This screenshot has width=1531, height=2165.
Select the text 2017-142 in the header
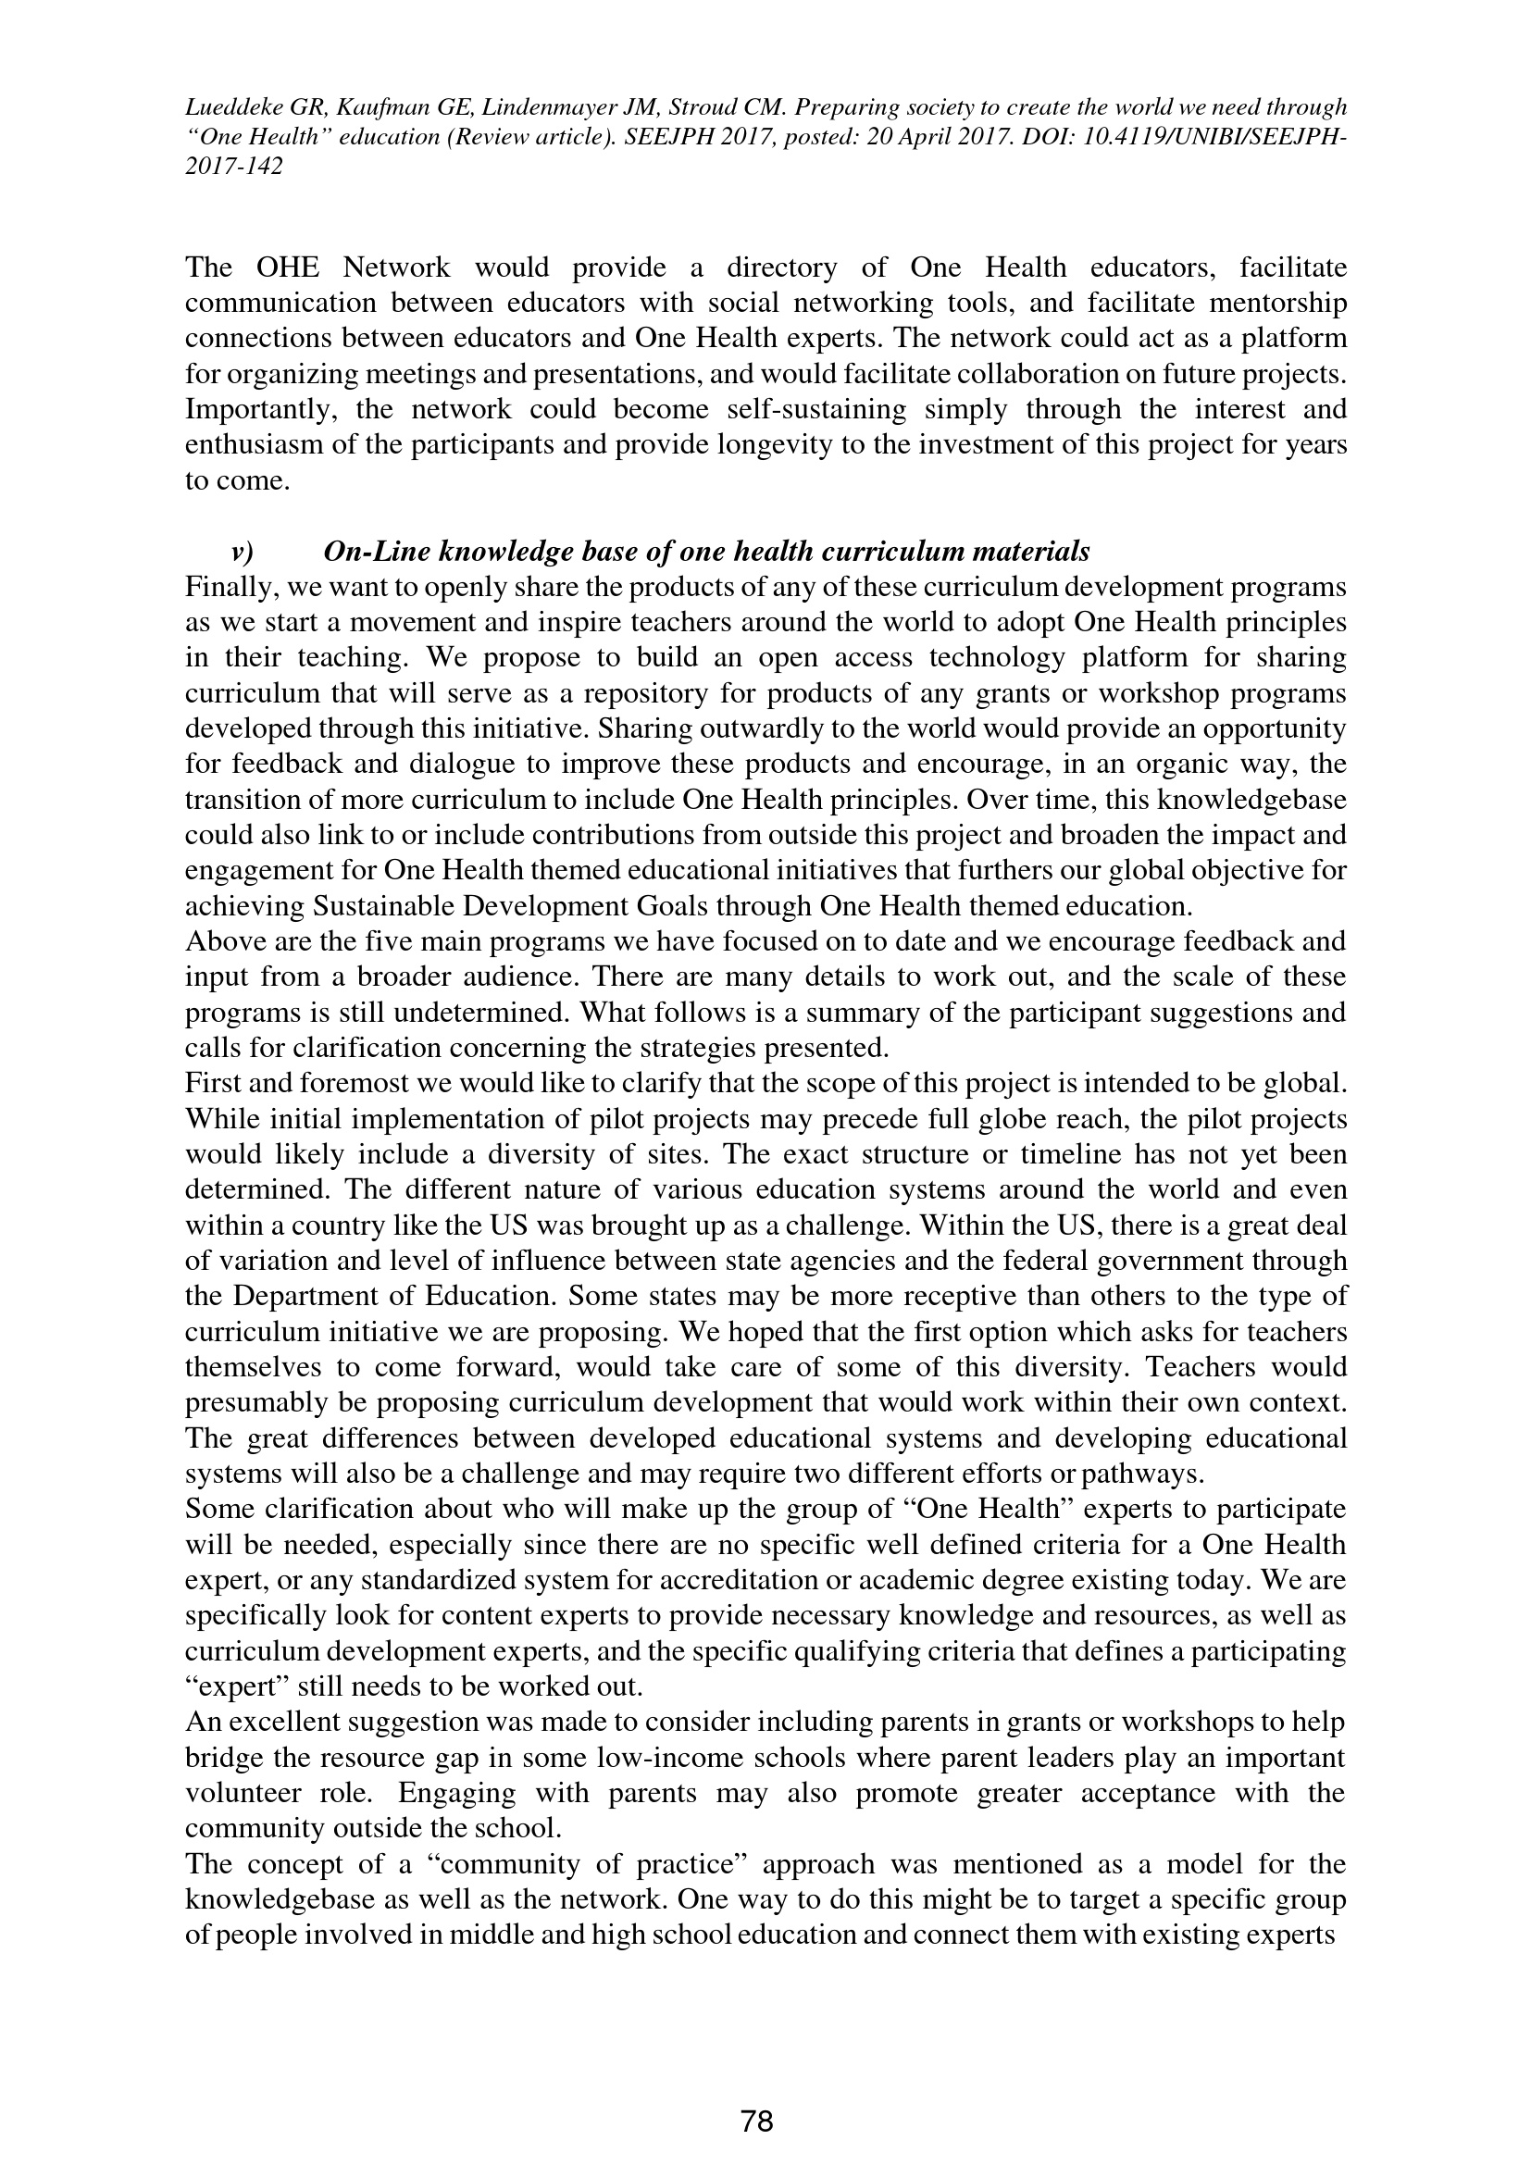[233, 166]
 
